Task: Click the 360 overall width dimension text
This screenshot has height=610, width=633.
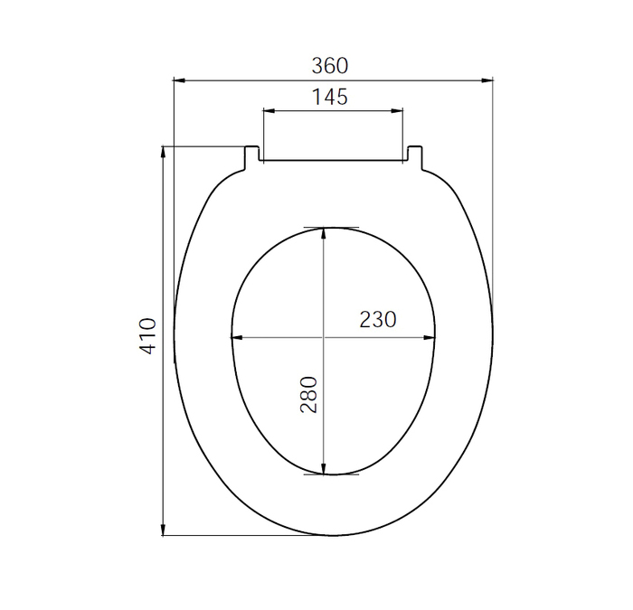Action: tap(330, 66)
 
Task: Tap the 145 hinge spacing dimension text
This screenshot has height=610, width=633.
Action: tap(330, 98)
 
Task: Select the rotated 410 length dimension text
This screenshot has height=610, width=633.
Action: tap(149, 335)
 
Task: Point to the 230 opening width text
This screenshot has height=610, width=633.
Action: tap(378, 320)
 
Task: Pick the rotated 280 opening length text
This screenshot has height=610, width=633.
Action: tap(309, 395)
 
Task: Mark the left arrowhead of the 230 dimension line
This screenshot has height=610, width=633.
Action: tap(238, 339)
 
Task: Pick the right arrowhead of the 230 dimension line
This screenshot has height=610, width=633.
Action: tap(431, 339)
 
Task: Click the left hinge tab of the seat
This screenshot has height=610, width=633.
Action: tap(252, 155)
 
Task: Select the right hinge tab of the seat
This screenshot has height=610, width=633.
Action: tap(414, 155)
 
